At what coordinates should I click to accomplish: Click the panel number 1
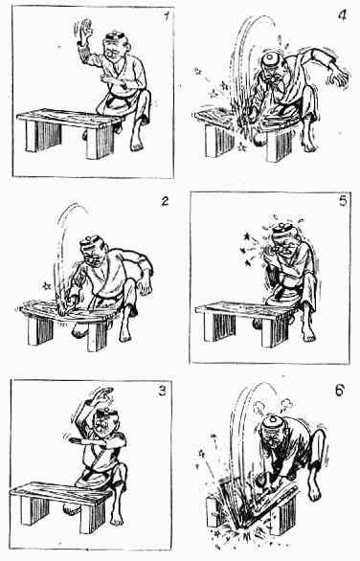click(x=166, y=17)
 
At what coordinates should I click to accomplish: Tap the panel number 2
click(x=165, y=201)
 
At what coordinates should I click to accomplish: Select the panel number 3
click(x=163, y=391)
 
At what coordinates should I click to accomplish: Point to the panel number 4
click(x=343, y=15)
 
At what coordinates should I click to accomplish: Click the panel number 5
click(x=343, y=201)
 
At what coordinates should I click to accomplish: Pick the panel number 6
click(x=340, y=390)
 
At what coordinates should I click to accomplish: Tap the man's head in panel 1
click(x=116, y=47)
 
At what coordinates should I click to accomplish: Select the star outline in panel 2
click(x=46, y=286)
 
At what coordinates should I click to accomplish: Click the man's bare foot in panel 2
click(x=124, y=335)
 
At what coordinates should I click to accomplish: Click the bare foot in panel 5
click(x=308, y=334)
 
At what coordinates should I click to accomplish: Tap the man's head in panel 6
click(x=273, y=432)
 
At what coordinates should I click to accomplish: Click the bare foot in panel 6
click(x=314, y=491)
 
